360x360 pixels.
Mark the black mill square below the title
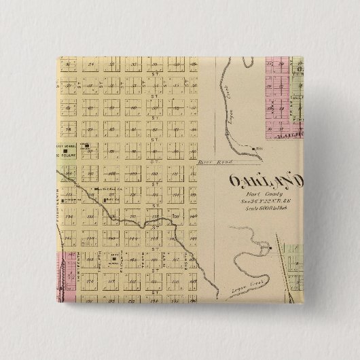click(270, 249)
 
